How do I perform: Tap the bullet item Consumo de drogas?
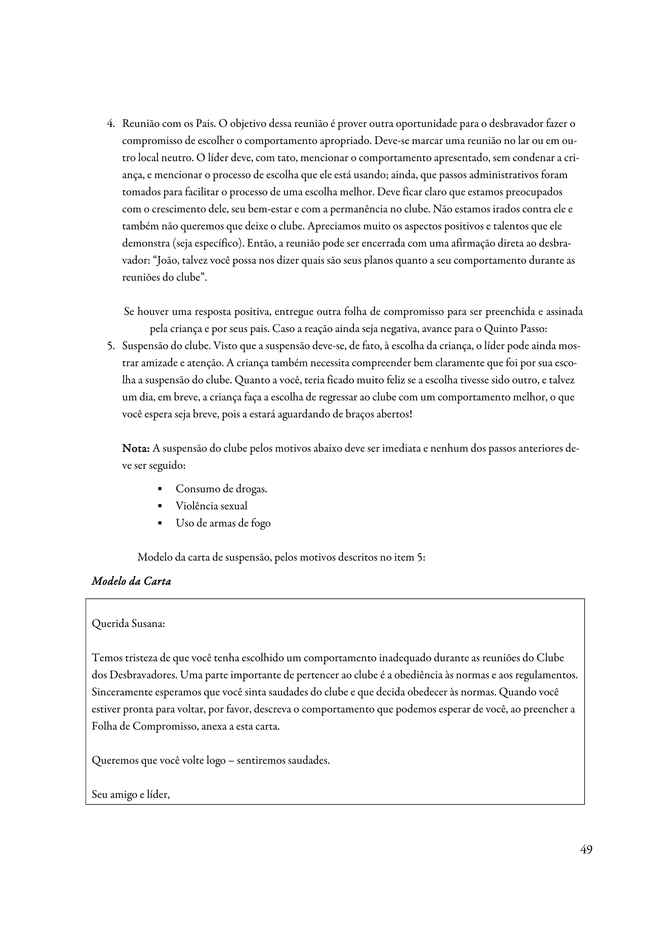coord(221,489)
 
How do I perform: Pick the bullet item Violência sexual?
coord(211,506)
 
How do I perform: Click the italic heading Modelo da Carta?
coord(131,581)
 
